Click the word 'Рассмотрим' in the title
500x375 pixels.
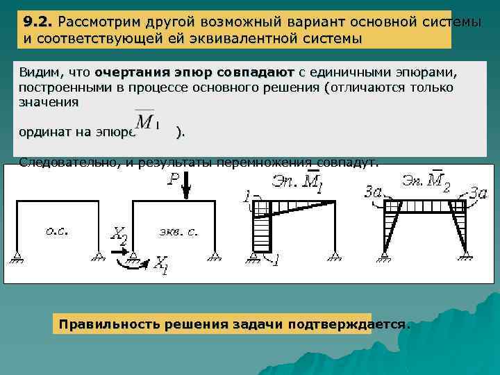97,22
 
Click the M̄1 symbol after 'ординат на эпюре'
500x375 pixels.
147,122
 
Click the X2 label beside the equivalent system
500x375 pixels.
119,236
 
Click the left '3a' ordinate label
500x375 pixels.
374,190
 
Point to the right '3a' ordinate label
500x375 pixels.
479,192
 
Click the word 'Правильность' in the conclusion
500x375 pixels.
103,324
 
